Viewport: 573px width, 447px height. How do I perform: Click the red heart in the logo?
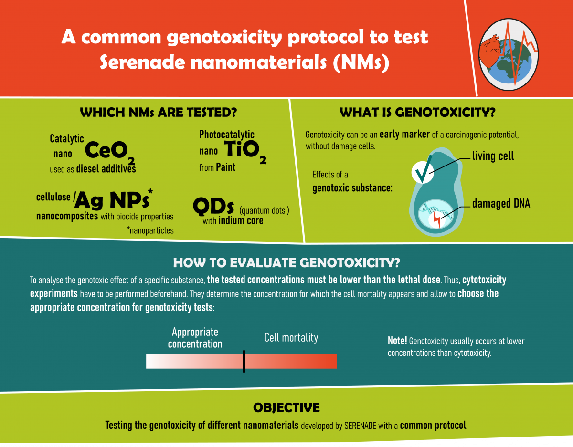coord(489,51)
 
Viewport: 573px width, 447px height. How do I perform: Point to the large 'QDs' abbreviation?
coord(213,206)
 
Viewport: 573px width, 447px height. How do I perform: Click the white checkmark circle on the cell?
coord(423,172)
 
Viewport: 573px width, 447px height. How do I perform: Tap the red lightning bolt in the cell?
coord(437,219)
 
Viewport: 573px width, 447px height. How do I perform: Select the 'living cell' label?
coord(493,156)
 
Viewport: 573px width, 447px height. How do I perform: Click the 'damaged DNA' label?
coord(501,203)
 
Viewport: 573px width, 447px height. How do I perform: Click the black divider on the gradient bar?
coord(244,361)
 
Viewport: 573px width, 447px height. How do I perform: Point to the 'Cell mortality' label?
coord(291,338)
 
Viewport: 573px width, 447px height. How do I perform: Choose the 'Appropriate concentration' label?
coord(195,338)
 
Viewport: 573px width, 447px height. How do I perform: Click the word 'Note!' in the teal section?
coord(397,341)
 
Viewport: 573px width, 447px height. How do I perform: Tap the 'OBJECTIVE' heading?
coord(286,407)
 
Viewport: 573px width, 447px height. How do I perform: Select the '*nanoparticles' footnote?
coord(150,230)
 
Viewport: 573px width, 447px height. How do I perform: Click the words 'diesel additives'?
coord(106,168)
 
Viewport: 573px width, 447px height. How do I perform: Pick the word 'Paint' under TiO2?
coord(225,167)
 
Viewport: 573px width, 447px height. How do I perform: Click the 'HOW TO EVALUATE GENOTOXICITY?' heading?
coord(286,262)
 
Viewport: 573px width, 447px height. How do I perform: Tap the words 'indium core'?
coord(241,220)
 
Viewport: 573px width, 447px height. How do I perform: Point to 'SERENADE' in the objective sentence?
coord(360,426)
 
